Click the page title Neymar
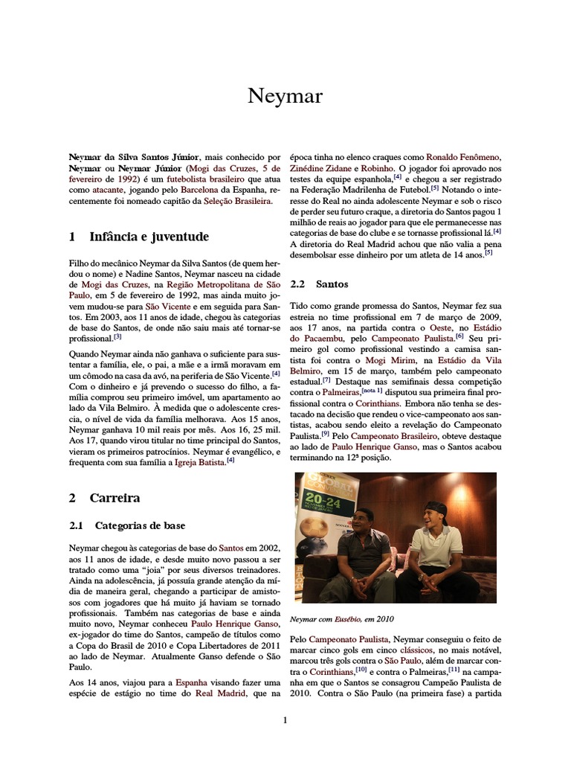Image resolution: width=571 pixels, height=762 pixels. click(x=285, y=97)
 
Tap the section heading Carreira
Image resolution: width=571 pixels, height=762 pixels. click(x=115, y=498)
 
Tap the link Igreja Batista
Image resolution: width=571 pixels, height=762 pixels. click(x=200, y=461)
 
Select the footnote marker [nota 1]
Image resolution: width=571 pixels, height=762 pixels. click(x=372, y=389)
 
